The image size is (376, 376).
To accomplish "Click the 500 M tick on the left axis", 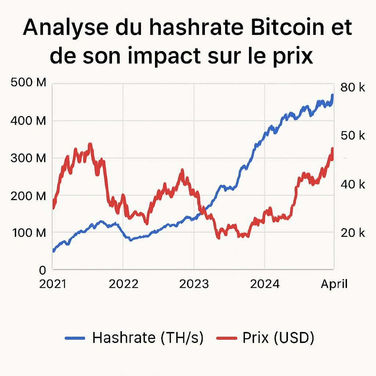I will point(28,83).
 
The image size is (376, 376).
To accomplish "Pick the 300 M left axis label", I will point(28,158).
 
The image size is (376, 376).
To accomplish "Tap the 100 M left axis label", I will point(28,233).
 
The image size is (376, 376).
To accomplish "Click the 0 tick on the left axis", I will point(43,271).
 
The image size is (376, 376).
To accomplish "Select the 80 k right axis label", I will point(352,87).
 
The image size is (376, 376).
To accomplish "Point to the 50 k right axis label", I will point(352,135).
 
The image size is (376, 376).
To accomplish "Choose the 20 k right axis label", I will point(352,232).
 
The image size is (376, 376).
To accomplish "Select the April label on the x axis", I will point(334,284).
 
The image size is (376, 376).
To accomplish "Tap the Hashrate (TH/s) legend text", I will point(148,338).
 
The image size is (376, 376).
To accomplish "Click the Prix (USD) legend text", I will point(278,338).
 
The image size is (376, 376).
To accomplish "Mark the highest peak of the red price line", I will point(90,144).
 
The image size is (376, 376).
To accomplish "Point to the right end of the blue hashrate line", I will point(332,95).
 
